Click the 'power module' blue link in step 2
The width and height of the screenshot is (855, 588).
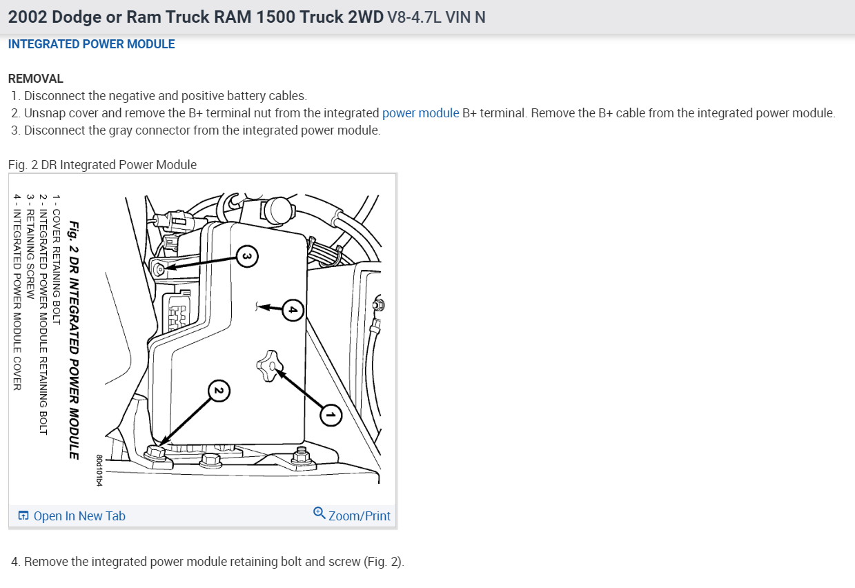(420, 113)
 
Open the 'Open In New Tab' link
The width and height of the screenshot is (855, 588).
(79, 516)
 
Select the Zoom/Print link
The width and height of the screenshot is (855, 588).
(359, 516)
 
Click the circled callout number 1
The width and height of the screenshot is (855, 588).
(331, 415)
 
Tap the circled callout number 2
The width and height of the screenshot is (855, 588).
(218, 391)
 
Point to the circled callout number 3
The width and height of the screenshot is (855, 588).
(248, 257)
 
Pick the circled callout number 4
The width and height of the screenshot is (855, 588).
(293, 311)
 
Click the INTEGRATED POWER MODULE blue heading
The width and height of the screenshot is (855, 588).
(91, 44)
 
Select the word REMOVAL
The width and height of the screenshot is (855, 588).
(35, 79)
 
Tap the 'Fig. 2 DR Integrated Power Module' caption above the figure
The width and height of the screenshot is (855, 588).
(102, 165)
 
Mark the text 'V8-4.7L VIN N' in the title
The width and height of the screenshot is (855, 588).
(437, 17)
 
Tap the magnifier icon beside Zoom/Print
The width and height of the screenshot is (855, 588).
(319, 513)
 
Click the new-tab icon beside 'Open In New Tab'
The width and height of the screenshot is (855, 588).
(23, 516)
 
